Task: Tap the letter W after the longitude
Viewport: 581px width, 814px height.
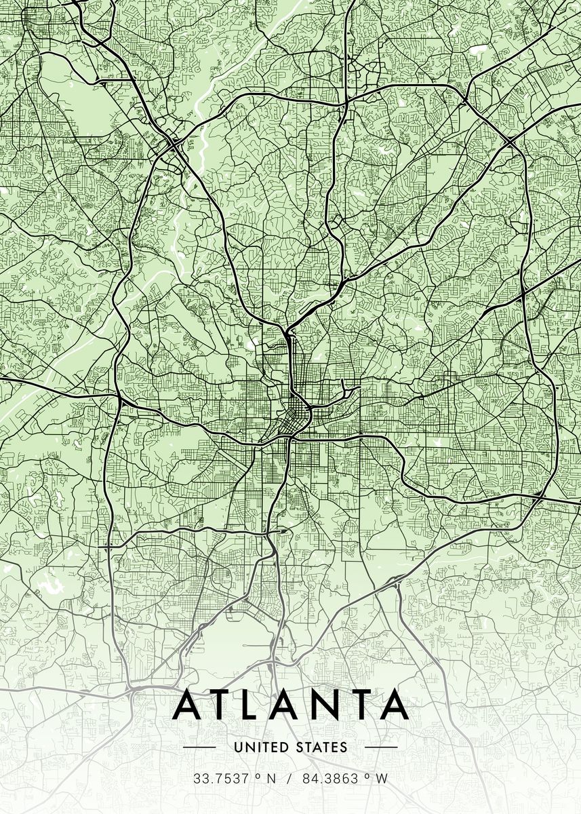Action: tap(382, 779)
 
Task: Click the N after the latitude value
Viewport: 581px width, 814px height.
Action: tap(271, 779)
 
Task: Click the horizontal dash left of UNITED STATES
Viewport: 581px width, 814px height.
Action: tap(199, 748)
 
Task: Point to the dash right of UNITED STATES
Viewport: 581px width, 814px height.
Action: tap(381, 748)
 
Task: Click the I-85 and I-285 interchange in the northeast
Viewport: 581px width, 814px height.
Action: tap(508, 141)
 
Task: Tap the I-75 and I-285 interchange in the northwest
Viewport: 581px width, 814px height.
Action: tap(172, 144)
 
